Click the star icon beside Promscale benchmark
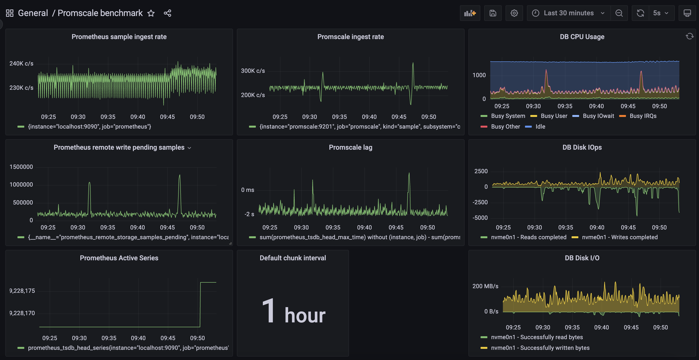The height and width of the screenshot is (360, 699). coord(151,13)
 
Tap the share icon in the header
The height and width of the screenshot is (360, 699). coord(167,13)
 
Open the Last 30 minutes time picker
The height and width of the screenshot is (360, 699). coord(568,13)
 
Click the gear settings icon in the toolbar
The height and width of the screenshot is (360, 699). coord(514,13)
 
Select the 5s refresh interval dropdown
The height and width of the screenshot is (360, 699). coord(660,13)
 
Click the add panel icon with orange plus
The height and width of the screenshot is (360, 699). coord(470,13)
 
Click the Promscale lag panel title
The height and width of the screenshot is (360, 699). coord(350,147)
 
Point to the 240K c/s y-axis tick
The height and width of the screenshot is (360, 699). coord(21,64)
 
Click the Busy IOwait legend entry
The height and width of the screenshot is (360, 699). coord(598,116)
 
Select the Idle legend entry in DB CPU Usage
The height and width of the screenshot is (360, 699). coord(540,126)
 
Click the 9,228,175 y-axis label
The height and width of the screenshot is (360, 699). coord(22,291)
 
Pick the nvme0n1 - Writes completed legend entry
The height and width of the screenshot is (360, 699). coord(619,237)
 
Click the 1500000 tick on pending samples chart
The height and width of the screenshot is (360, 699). coord(21,167)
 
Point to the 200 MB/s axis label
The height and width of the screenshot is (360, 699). coord(485,286)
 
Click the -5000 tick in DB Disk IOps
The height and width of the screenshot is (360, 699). coord(480,218)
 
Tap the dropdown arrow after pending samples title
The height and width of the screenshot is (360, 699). coord(189,148)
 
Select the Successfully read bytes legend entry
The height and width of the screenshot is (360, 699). coord(536,337)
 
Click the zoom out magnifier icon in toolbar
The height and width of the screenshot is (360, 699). coord(619,13)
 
